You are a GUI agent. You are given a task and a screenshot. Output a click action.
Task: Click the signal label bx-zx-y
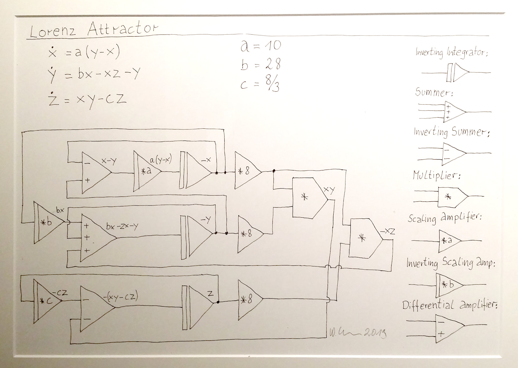122,226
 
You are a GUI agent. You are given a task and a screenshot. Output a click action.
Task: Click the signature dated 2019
358,334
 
